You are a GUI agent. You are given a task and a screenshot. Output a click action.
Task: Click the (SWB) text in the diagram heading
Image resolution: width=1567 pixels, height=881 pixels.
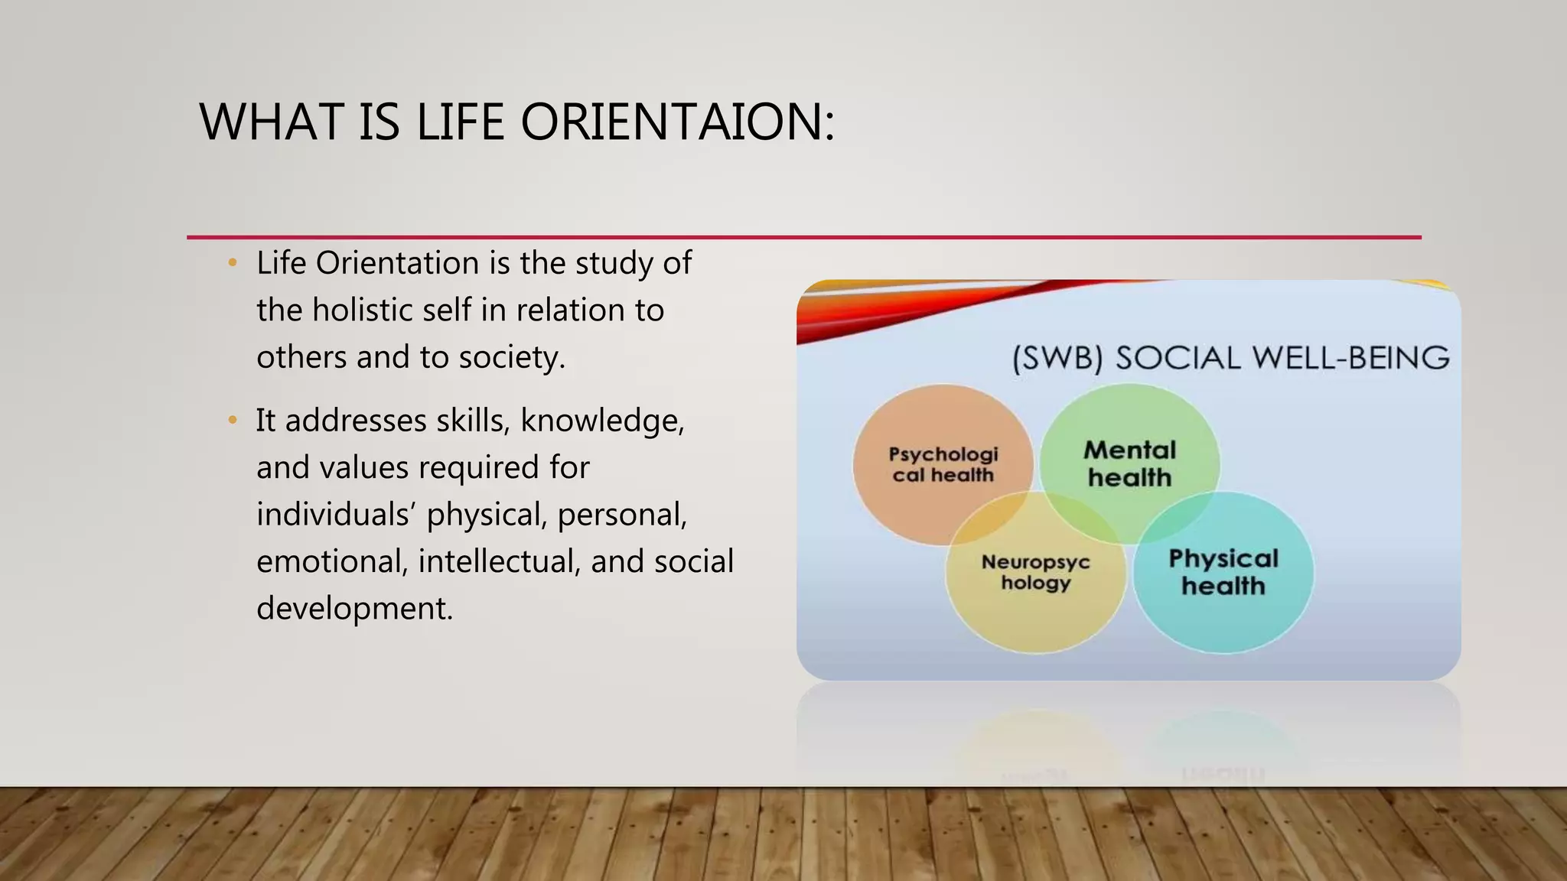(1057, 359)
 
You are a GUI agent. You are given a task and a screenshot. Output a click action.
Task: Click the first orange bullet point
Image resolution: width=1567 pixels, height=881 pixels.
(233, 263)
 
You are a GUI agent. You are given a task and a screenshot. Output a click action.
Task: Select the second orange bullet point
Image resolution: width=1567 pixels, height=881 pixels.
(233, 421)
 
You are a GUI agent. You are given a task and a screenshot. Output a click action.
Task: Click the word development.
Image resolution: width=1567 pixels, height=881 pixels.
(354, 610)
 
